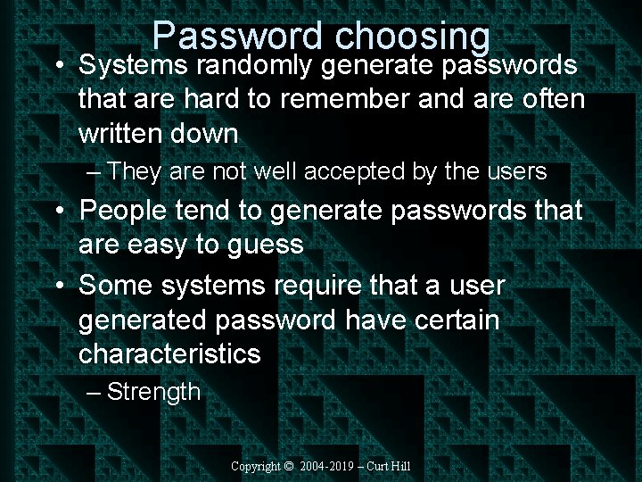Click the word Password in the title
(x=238, y=36)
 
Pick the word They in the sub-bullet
(x=136, y=172)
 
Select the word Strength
(x=153, y=392)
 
